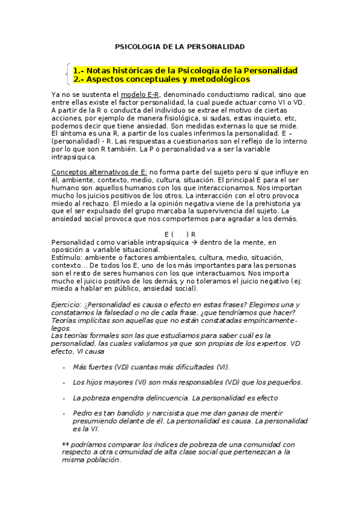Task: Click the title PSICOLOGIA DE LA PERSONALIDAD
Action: [x=180, y=46]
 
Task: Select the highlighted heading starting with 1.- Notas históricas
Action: [x=185, y=70]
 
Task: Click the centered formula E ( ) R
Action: [x=180, y=234]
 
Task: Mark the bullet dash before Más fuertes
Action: [x=64, y=367]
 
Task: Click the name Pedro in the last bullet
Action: [x=82, y=414]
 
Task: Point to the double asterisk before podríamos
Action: [x=66, y=444]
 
